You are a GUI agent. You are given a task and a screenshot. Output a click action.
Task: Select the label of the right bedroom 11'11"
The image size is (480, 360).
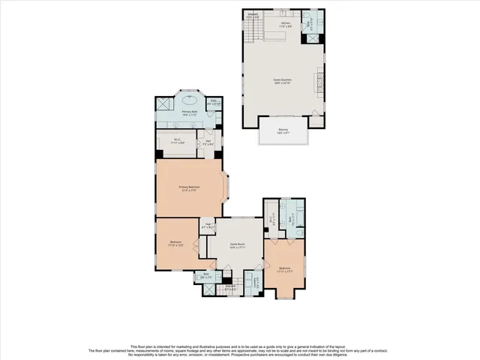click(285, 269)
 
